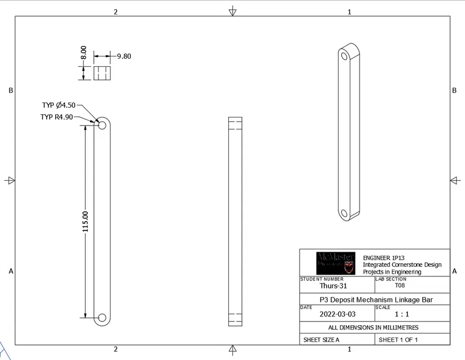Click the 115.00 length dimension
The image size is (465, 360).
[x=85, y=222]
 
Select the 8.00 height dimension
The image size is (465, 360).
[x=84, y=53]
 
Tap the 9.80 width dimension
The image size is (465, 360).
[x=124, y=56]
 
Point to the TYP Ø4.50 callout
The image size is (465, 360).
[x=58, y=105]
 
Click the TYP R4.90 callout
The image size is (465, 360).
[x=56, y=117]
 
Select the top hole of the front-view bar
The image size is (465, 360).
[x=102, y=124]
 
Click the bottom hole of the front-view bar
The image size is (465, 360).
[x=102, y=317]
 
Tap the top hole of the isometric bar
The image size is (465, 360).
[x=345, y=56]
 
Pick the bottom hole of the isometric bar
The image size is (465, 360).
[x=345, y=214]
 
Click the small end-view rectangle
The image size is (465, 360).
[x=102, y=73]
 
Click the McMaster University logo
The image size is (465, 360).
[x=336, y=263]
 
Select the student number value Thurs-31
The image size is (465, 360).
[x=333, y=286]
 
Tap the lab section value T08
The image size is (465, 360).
[x=399, y=285]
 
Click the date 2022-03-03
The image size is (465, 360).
[x=337, y=314]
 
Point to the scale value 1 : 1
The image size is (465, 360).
[x=402, y=314]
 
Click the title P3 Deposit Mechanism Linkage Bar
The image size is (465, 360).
[x=375, y=300]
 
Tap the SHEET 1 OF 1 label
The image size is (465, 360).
[x=398, y=340]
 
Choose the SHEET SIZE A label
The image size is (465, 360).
[x=322, y=340]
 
